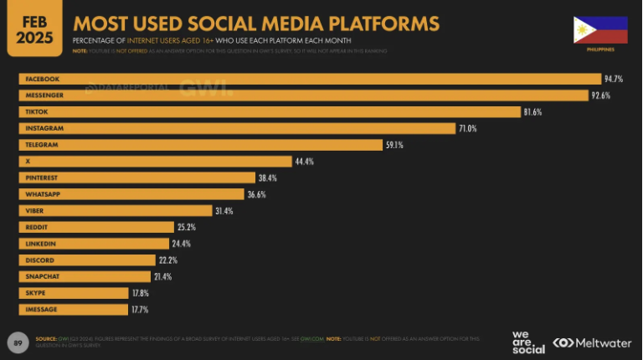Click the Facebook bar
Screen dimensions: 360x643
[x=310, y=79]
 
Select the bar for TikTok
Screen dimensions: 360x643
[x=268, y=111]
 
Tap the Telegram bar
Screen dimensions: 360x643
[x=201, y=145]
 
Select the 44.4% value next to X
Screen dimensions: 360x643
[x=304, y=161]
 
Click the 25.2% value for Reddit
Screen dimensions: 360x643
[x=187, y=227]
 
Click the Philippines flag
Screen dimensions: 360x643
[x=600, y=30]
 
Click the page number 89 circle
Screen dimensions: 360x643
[x=18, y=342]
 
